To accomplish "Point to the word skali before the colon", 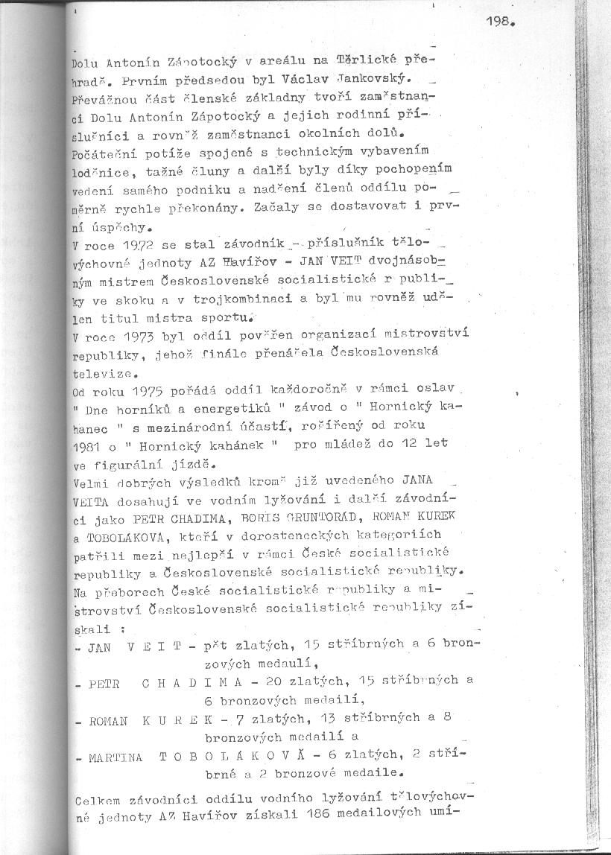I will coord(88,629).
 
